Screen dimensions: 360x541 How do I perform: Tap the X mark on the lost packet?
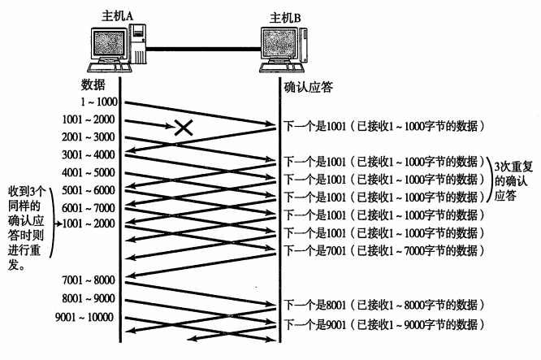(x=183, y=126)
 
